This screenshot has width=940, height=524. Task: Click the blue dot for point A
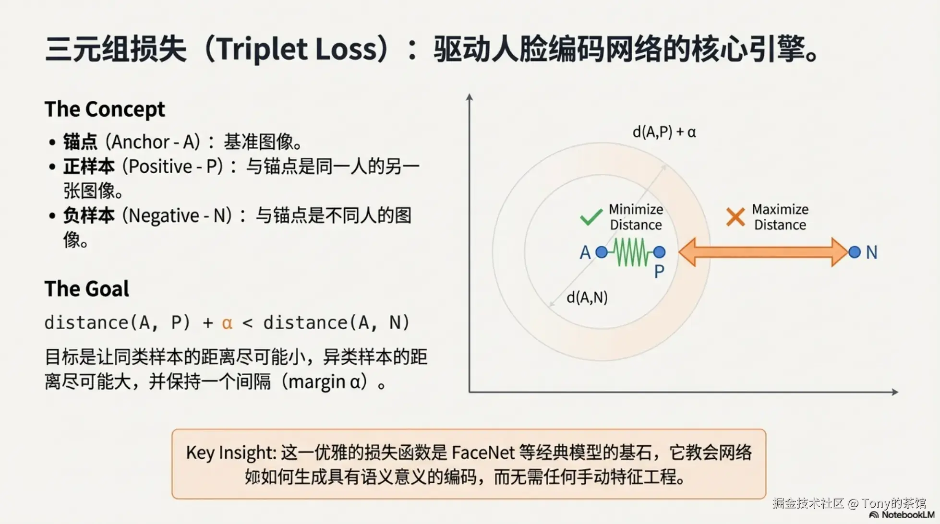coord(601,252)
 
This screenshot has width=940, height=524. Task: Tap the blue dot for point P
coord(659,252)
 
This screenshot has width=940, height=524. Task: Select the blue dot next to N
coord(855,252)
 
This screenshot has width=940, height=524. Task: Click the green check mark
coord(591,217)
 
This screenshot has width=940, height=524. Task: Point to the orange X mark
coord(735,217)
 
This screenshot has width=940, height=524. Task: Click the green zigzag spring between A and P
coord(630,252)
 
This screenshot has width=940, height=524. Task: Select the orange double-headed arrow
coord(763,252)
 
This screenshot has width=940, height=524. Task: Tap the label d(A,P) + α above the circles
coord(664,132)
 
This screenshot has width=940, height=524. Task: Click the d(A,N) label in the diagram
coord(587,298)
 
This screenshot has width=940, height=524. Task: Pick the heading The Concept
coord(105,109)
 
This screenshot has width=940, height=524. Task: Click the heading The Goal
coord(87,289)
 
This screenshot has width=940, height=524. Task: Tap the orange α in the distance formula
coord(227,323)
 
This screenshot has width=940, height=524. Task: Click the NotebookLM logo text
coord(902,515)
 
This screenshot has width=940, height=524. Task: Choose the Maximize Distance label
coord(780,217)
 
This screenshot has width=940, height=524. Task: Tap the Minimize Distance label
coord(636,217)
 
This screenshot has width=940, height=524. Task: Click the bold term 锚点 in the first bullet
coord(80,142)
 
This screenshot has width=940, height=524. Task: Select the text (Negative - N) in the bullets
coord(177,216)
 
